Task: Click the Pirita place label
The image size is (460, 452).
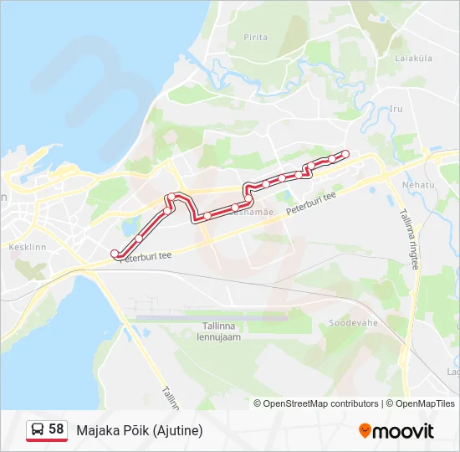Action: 255,38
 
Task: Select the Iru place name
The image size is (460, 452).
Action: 396,109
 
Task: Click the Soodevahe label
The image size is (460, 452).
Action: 353,322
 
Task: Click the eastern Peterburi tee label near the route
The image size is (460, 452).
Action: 310,203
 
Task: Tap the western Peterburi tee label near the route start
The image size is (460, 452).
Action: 145,257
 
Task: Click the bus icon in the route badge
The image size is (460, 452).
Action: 38,429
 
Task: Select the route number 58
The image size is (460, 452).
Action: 56,429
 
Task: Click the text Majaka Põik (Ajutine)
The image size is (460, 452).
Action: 140,430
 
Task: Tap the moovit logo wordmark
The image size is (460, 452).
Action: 403,431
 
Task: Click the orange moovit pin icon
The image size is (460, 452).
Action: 365,431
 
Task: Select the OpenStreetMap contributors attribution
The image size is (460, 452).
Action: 320,403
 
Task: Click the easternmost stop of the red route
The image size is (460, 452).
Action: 345,154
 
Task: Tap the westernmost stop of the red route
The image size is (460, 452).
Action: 115,253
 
